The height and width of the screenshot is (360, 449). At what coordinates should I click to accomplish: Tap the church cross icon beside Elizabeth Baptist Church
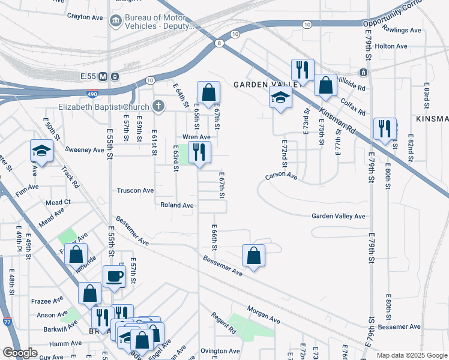158,107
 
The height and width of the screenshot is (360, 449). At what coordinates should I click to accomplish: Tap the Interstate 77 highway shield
7,321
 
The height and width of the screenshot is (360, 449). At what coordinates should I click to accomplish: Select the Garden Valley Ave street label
338,216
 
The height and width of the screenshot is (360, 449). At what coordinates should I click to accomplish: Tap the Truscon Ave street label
135,190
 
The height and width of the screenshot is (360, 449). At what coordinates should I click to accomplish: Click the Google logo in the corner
20,353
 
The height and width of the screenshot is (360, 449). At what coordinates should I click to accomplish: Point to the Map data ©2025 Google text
411,355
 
